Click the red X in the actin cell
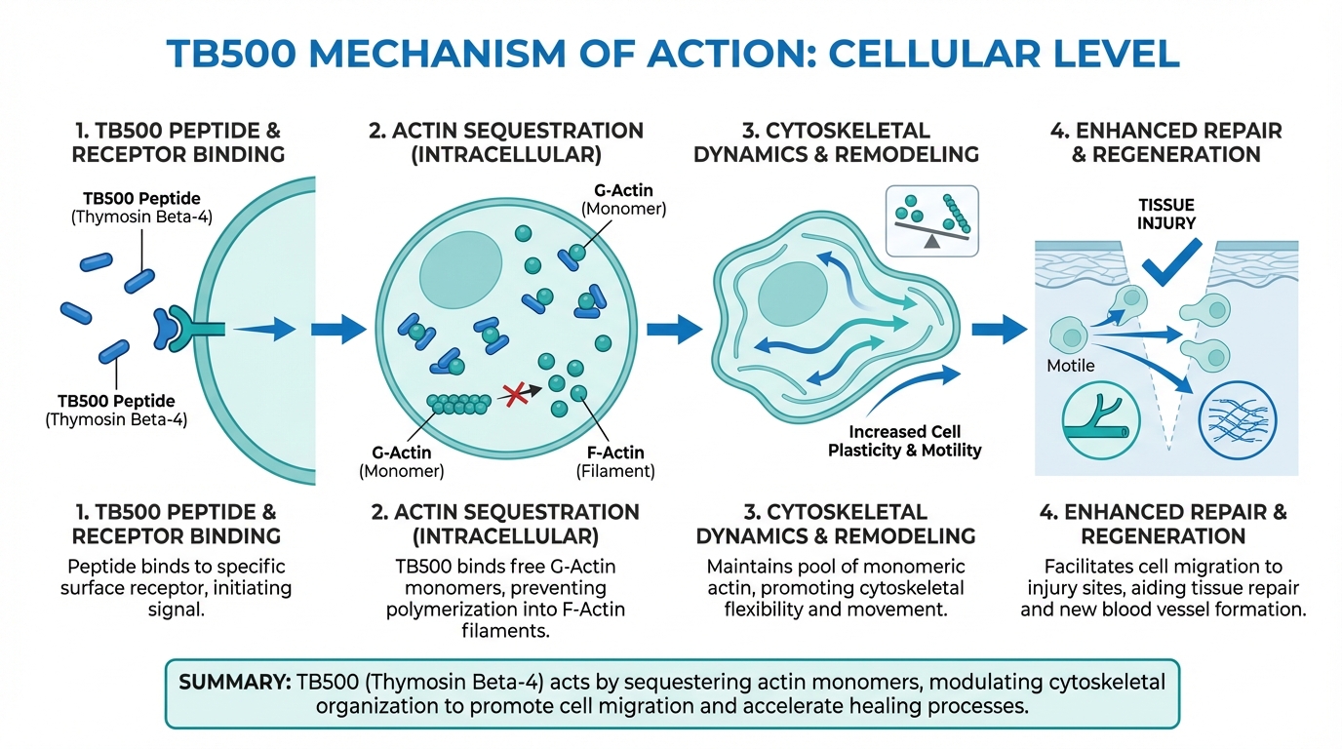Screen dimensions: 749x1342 click(x=510, y=394)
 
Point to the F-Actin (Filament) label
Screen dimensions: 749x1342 click(x=613, y=460)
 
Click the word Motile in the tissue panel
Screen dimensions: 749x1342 click(x=1071, y=366)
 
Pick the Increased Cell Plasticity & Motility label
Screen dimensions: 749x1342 click(x=904, y=441)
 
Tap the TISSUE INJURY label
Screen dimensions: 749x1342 click(x=1165, y=214)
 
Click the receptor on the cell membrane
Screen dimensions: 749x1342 click(x=180, y=328)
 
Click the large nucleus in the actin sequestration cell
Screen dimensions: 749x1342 click(x=460, y=260)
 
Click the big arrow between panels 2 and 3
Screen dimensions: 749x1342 click(x=674, y=329)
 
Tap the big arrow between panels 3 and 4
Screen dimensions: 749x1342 click(x=999, y=329)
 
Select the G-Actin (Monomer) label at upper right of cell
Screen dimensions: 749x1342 click(x=623, y=199)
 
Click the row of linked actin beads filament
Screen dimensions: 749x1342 click(x=458, y=401)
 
